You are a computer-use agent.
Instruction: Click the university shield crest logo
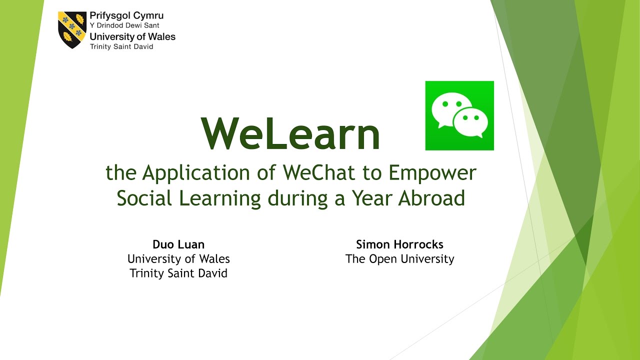click(x=72, y=29)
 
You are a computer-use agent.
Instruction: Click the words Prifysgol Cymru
click(x=126, y=16)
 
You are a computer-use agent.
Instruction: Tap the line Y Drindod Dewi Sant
click(x=124, y=25)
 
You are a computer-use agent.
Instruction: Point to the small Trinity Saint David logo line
click(x=121, y=46)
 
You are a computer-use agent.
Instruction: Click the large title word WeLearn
click(x=290, y=133)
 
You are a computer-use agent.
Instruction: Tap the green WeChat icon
click(x=459, y=115)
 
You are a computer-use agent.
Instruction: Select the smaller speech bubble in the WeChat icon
click(x=470, y=122)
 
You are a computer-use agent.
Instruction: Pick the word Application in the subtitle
click(x=196, y=173)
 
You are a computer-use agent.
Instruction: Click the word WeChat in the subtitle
click(x=319, y=172)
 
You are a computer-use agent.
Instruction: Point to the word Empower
click(x=432, y=173)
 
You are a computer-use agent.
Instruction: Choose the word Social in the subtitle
click(x=144, y=197)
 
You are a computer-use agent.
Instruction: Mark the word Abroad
click(x=431, y=197)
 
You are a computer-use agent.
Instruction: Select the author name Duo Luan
click(x=178, y=244)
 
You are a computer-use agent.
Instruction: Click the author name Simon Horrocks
click(x=399, y=244)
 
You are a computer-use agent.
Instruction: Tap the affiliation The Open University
click(x=399, y=259)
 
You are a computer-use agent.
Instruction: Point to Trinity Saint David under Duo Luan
click(x=178, y=273)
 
